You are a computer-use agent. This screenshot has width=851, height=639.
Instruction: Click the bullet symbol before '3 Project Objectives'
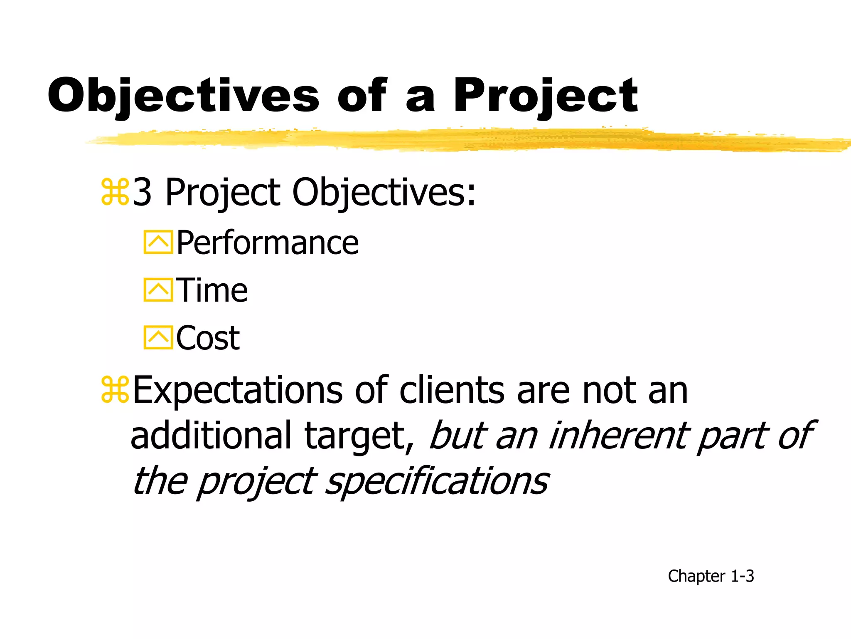(x=115, y=192)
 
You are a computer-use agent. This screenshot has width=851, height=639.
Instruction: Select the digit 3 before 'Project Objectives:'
(x=142, y=192)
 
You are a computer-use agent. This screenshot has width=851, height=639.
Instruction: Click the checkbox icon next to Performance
(x=158, y=242)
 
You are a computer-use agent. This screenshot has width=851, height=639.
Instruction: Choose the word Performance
(x=267, y=243)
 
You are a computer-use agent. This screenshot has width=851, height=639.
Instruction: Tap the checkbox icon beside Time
(x=158, y=290)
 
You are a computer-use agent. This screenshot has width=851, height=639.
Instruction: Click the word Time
(x=212, y=290)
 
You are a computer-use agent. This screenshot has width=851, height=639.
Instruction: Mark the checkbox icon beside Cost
(x=158, y=337)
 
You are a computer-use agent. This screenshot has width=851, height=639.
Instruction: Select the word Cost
(x=208, y=338)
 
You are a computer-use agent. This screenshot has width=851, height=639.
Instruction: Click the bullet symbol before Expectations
(x=115, y=390)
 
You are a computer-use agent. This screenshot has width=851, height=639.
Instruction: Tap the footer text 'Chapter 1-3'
(x=711, y=576)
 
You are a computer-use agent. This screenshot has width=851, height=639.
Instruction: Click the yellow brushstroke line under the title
(x=457, y=140)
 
